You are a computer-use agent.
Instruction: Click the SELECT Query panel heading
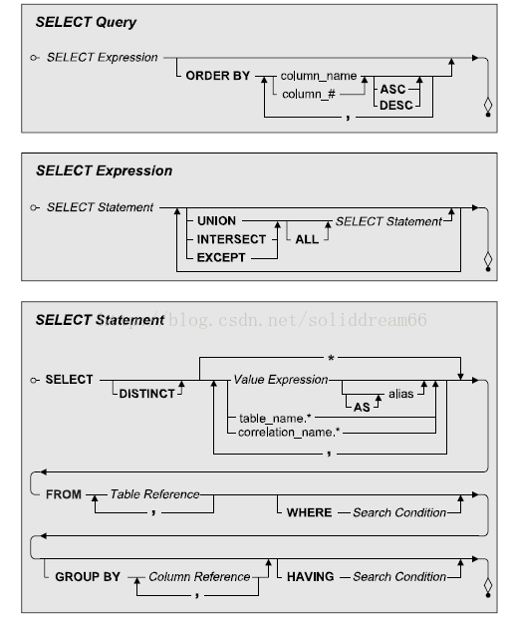click(x=86, y=22)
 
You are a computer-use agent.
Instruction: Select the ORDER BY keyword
click(x=218, y=76)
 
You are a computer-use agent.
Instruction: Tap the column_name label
click(x=319, y=76)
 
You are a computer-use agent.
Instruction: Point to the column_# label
click(x=309, y=94)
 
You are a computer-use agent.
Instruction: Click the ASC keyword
click(x=392, y=90)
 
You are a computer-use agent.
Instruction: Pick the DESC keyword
click(x=395, y=106)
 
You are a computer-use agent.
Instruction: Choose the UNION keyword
click(x=216, y=220)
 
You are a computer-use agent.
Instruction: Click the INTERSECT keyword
click(x=231, y=239)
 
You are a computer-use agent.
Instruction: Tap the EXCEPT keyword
click(x=221, y=257)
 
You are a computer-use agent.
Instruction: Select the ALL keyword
click(x=307, y=239)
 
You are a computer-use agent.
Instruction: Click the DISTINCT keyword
click(x=146, y=394)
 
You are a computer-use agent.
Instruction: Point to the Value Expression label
click(x=281, y=380)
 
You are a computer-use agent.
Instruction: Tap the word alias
click(x=400, y=394)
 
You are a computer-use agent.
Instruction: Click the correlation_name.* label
click(x=289, y=433)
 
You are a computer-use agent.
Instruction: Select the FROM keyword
click(x=64, y=494)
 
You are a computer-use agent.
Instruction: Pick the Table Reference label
click(x=154, y=494)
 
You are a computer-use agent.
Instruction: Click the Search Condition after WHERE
click(x=399, y=512)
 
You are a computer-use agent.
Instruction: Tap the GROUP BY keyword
click(x=88, y=577)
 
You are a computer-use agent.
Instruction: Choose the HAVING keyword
click(x=310, y=577)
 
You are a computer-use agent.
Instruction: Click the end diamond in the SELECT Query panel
click(x=488, y=105)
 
